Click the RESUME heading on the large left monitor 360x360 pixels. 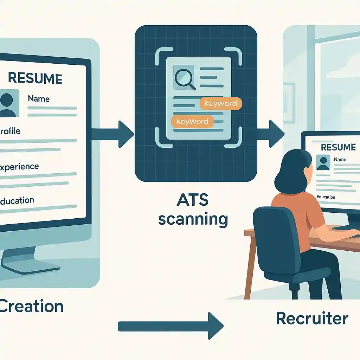coord(35,78)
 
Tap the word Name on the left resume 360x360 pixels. coord(39,99)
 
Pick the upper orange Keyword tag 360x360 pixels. coord(220,104)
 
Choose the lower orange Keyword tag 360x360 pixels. coord(192,122)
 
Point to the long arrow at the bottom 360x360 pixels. coord(171,326)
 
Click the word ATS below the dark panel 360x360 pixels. coord(193,201)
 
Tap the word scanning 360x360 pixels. coord(193,219)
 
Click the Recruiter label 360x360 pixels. coord(312,319)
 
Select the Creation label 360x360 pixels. coord(32,306)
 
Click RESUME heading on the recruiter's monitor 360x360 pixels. coord(338,147)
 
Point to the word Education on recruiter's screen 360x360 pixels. coord(326,197)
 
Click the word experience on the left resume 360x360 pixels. coord(20,166)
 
